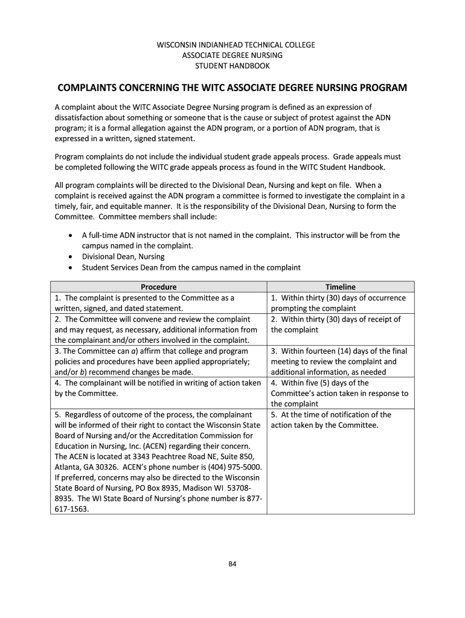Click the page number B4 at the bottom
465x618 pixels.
pyautogui.click(x=232, y=564)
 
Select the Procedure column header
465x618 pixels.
pyautogui.click(x=158, y=287)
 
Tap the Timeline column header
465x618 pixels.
pyautogui.click(x=341, y=287)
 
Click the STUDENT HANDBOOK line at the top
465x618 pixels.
pyautogui.click(x=232, y=66)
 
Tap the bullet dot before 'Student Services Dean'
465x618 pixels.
pyautogui.click(x=72, y=267)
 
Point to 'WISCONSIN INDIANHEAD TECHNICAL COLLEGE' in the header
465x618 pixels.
pyautogui.click(x=232, y=45)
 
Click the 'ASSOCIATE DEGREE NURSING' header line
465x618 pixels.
pyautogui.click(x=232, y=55)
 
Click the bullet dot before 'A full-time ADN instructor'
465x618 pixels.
pyautogui.click(x=72, y=235)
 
